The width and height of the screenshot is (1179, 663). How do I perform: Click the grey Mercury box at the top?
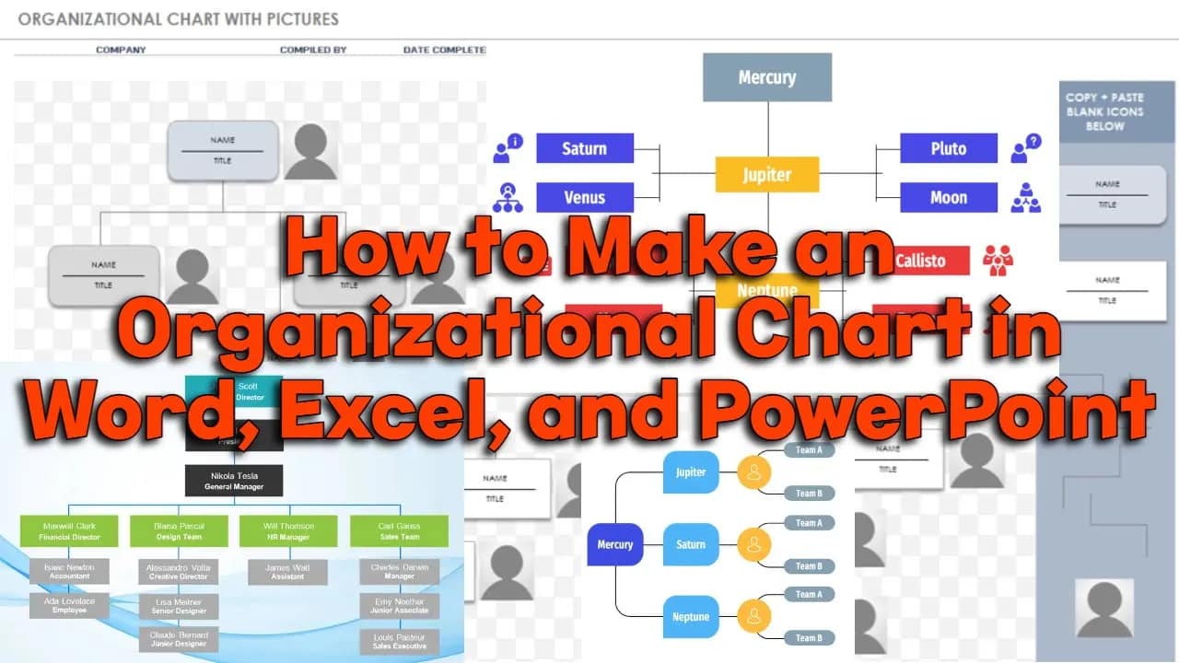point(767,77)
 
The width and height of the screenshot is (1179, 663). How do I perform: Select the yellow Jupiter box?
point(767,174)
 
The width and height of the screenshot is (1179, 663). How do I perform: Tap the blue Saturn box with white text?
point(585,148)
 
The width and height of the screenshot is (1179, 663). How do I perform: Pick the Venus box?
point(585,197)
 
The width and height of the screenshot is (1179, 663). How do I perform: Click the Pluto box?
point(949,148)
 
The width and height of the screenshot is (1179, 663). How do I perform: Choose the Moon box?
point(949,197)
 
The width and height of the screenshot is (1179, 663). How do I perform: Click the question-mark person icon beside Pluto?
point(1025,148)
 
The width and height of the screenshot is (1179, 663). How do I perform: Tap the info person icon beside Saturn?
point(508,148)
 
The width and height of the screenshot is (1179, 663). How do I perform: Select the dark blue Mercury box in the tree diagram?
point(615,544)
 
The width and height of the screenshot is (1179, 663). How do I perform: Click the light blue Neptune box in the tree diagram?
point(691,616)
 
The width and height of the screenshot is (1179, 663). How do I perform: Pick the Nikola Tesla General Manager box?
point(234,481)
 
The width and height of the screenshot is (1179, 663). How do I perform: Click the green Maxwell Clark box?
point(70,531)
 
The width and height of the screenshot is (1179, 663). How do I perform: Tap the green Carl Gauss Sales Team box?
point(399,531)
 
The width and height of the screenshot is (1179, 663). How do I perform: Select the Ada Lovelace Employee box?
point(69,605)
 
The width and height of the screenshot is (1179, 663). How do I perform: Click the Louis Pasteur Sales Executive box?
point(399,642)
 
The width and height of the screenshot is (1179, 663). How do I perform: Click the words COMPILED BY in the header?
point(313,50)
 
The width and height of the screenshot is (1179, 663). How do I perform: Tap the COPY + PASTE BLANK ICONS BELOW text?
point(1104,111)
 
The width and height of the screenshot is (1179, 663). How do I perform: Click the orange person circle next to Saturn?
point(753,544)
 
